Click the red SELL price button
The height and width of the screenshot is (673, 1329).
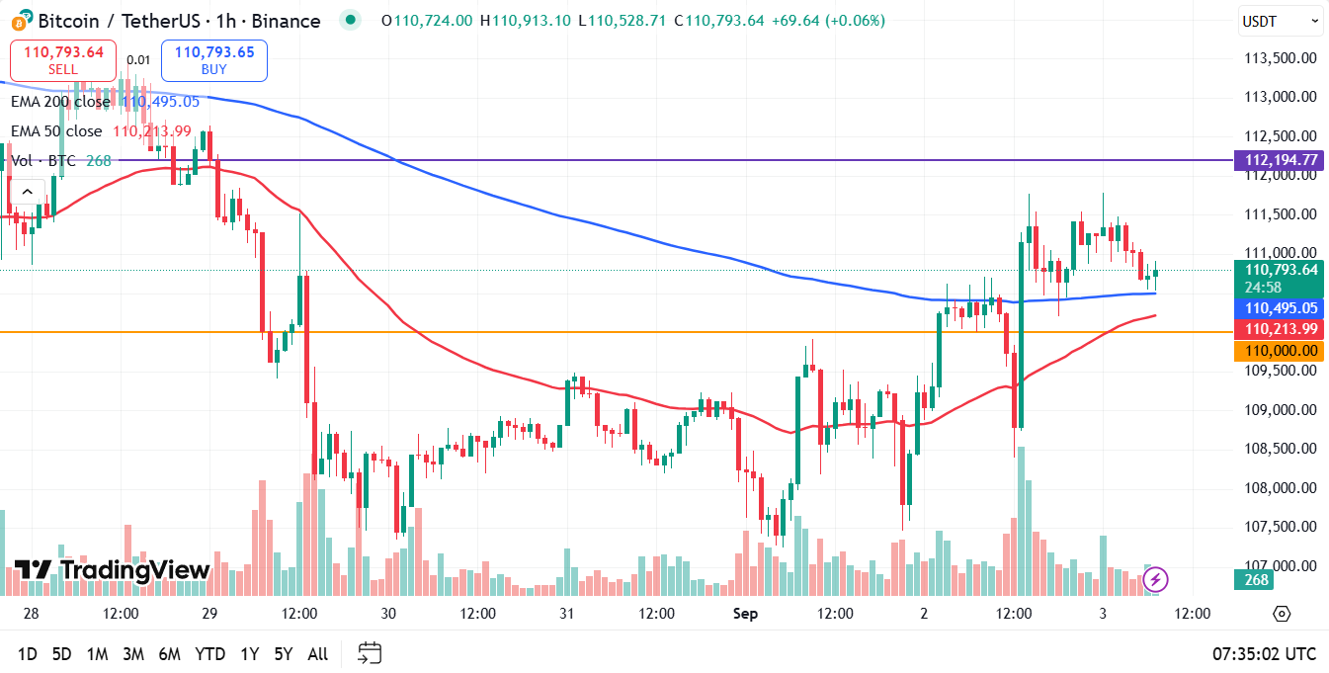coord(63,60)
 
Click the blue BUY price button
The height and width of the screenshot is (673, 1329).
coord(214,60)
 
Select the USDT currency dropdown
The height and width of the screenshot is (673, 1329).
coord(1280,21)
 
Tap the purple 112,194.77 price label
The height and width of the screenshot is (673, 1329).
coord(1280,160)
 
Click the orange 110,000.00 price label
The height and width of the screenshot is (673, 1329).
coord(1280,351)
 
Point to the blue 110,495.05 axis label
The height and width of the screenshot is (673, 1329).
coord(1280,308)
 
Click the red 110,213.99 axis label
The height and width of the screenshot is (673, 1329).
coord(1280,329)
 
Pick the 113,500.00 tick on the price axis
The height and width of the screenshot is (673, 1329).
coord(1280,57)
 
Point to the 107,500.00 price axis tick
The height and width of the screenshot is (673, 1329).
coord(1280,527)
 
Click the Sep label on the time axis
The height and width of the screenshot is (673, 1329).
coord(745,614)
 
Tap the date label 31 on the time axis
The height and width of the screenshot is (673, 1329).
coord(567,614)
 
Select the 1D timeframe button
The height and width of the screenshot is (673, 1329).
coord(28,653)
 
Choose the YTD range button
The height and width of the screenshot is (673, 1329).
coord(209,653)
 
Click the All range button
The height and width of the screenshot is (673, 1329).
coord(318,653)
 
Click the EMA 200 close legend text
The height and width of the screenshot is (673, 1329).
coord(60,102)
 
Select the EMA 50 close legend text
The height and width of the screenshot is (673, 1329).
coord(56,131)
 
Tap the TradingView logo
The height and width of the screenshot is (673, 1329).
coord(112,570)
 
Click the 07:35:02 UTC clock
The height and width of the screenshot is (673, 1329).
coord(1264,653)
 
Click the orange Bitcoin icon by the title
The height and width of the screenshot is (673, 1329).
coord(19,21)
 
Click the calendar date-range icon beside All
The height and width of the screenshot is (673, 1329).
coord(370,653)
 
